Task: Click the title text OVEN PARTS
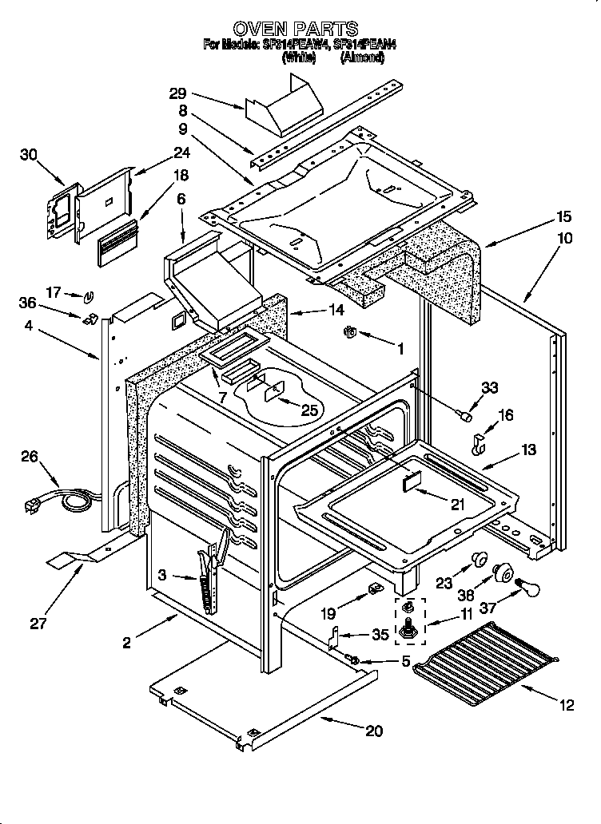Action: [300, 30]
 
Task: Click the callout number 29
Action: [177, 93]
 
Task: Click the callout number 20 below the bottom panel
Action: [375, 730]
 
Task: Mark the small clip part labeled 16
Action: [480, 445]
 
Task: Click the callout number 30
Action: [29, 155]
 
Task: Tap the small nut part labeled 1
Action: [349, 331]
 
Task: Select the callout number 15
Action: [563, 216]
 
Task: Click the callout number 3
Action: [162, 575]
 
